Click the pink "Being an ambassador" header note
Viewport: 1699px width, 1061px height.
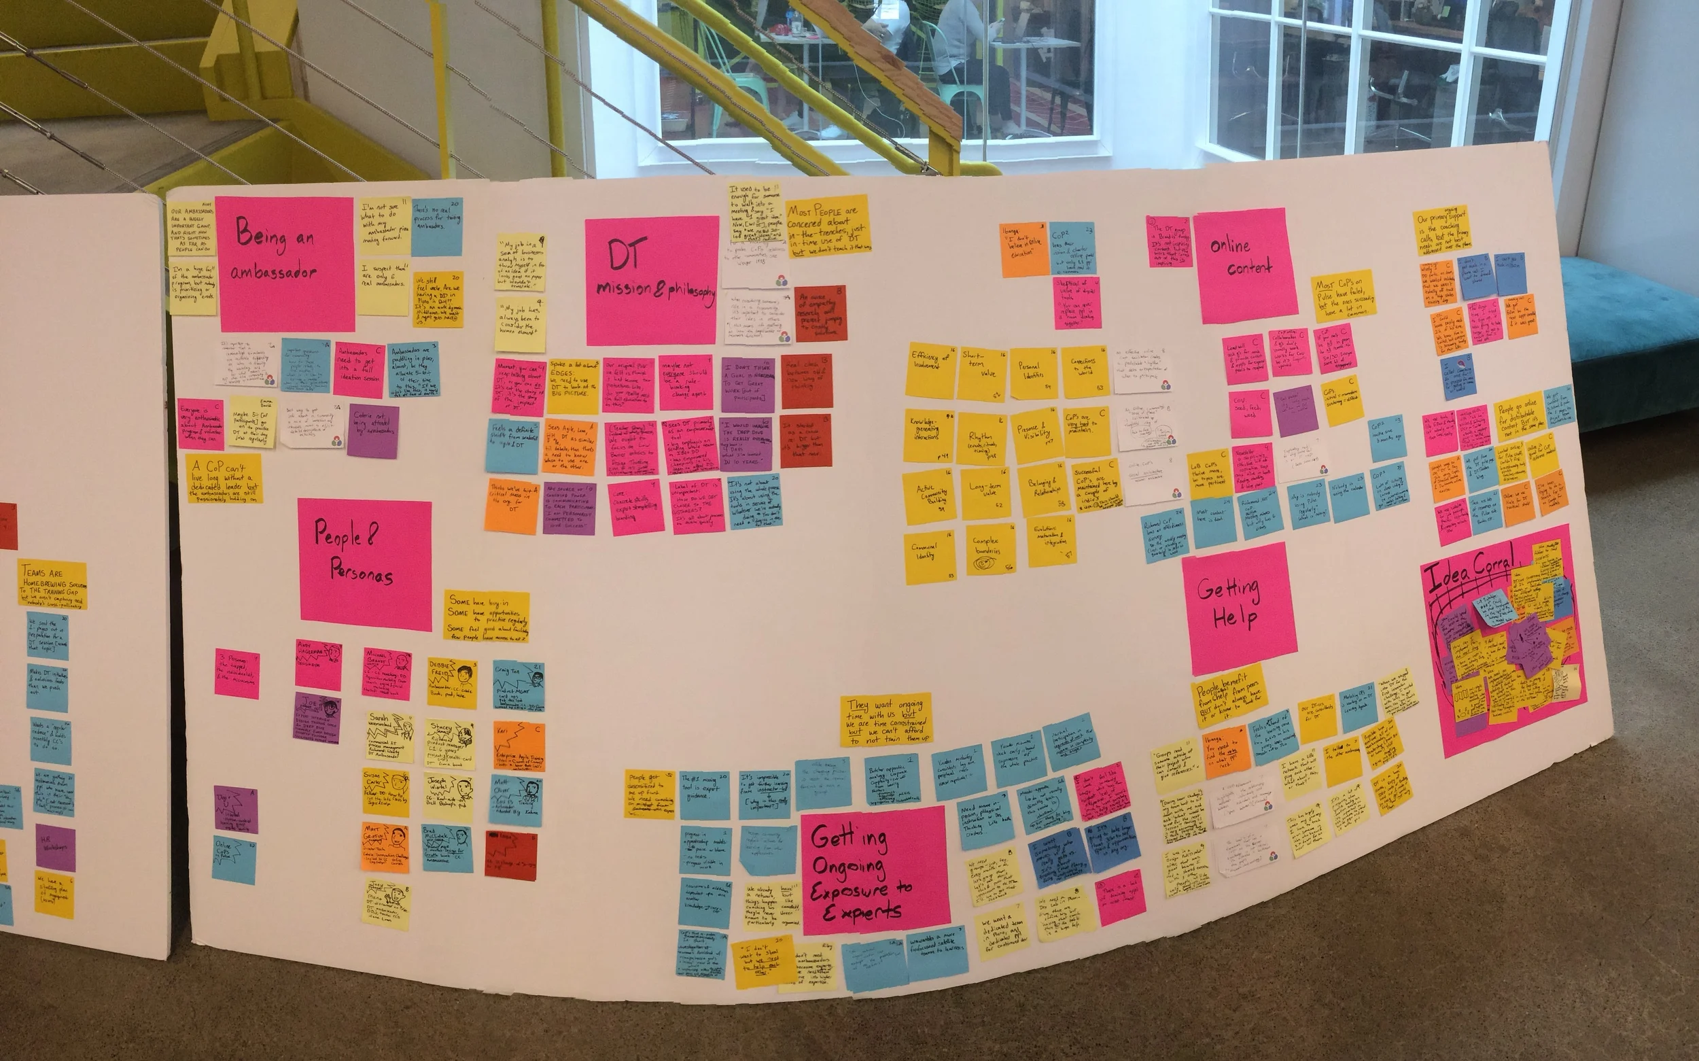pyautogui.click(x=285, y=263)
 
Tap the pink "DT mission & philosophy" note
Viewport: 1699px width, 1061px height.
pyautogui.click(x=652, y=280)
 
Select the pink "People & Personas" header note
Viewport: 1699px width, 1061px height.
pyautogui.click(x=365, y=559)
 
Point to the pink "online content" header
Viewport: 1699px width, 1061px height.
pyautogui.click(x=1244, y=264)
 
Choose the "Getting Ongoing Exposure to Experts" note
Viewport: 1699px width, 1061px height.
pyautogui.click(x=873, y=870)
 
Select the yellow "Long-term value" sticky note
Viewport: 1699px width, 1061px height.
pyautogui.click(x=985, y=493)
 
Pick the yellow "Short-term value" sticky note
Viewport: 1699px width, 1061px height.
pyautogui.click(x=981, y=373)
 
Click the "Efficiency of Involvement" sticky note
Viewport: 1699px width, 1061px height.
pyautogui.click(x=931, y=370)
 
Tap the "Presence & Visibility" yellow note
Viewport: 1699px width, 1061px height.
pyautogui.click(x=1036, y=434)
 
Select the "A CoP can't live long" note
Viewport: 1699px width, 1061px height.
pyautogui.click(x=224, y=479)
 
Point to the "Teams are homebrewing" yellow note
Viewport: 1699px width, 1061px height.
pyautogui.click(x=52, y=584)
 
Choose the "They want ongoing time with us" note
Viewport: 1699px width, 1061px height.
pyautogui.click(x=886, y=720)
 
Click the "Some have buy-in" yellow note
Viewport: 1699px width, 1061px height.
pyautogui.click(x=486, y=615)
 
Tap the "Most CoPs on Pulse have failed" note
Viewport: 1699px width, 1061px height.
pyautogui.click(x=1343, y=296)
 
